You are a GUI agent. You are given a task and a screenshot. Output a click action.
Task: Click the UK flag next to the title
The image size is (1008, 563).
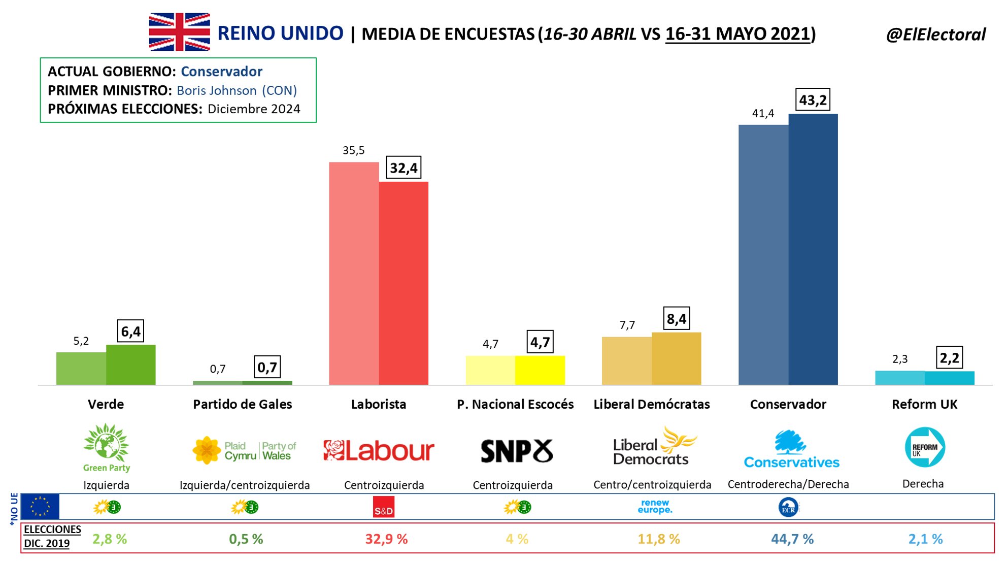[x=179, y=32]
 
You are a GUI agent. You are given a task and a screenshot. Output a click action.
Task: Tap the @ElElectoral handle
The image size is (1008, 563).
[x=935, y=35]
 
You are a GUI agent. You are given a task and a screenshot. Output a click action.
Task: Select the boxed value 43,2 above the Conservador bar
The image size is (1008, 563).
[x=813, y=100]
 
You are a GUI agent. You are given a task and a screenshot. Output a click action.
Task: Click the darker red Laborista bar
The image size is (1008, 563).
[x=404, y=283]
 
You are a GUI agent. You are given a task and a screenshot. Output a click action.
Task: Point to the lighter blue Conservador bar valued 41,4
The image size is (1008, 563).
[x=763, y=254]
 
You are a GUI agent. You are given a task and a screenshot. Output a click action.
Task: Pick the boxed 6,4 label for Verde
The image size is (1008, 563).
[x=130, y=332]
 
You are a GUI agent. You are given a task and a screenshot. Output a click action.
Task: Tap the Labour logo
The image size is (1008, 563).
[x=379, y=450]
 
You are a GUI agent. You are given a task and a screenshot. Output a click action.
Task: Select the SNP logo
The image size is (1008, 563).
[x=516, y=451]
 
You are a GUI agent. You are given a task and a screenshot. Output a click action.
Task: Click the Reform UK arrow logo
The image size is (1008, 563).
[x=925, y=447]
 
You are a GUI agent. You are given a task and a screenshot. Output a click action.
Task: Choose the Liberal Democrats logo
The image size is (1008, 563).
[x=653, y=447]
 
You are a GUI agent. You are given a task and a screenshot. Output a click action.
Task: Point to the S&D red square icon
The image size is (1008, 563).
[x=383, y=507]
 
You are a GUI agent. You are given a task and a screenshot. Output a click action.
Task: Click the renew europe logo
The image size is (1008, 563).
[x=655, y=506]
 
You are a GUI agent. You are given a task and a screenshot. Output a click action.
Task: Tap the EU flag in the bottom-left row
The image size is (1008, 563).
[x=41, y=507]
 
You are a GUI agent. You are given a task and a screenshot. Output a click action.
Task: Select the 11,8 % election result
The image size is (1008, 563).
[x=658, y=539]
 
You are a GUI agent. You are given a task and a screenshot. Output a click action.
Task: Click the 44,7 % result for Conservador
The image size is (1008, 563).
[x=792, y=539]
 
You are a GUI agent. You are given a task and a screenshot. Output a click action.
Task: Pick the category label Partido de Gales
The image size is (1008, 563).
[x=242, y=404]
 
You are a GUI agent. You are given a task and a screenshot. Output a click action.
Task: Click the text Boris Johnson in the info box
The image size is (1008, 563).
[x=217, y=90]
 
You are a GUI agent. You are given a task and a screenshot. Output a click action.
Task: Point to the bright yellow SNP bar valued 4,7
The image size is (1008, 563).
[x=540, y=370]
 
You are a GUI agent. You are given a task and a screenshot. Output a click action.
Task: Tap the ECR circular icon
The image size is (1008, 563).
[x=788, y=507]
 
